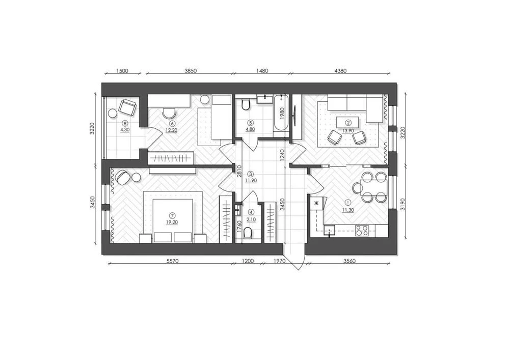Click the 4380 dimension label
click(x=340, y=71)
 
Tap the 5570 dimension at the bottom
click(x=172, y=261)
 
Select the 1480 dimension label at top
click(x=262, y=71)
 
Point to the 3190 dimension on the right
click(x=403, y=204)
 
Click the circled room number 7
click(x=172, y=215)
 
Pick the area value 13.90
click(x=347, y=130)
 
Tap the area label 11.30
click(x=347, y=210)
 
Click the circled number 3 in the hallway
click(x=250, y=174)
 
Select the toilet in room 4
click(x=248, y=234)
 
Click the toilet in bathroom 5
click(x=246, y=104)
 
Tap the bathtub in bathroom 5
click(x=280, y=116)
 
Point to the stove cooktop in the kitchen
click(x=362, y=230)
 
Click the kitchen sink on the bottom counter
click(x=330, y=231)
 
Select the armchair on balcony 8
click(x=127, y=107)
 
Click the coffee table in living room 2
click(x=348, y=123)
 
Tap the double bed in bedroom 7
click(x=172, y=220)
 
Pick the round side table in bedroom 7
click(x=136, y=177)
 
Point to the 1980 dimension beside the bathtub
click(x=282, y=114)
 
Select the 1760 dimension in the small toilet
click(x=239, y=227)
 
